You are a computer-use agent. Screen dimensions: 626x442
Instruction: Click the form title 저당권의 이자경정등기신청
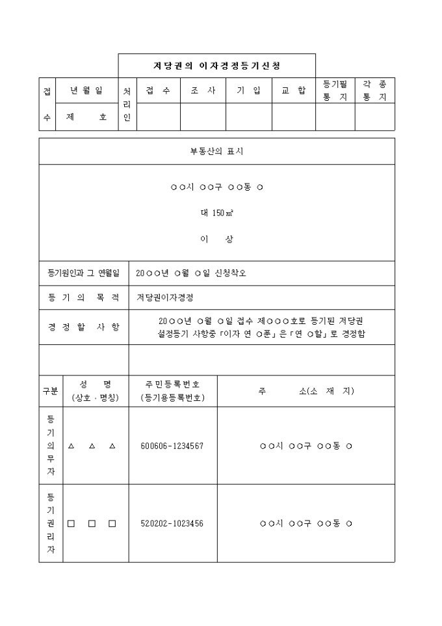pos(216,66)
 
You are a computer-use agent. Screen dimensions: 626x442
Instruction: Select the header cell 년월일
pos(86,91)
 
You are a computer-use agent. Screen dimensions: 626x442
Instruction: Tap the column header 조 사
pos(203,91)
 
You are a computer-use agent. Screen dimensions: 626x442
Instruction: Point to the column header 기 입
pos(248,91)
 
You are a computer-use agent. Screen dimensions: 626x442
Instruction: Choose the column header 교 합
pos(293,91)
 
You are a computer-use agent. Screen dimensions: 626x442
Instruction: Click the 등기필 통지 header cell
pos(335,91)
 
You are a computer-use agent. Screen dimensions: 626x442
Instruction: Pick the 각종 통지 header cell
pos(374,91)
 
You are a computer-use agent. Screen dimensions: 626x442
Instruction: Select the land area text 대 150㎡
pos(216,213)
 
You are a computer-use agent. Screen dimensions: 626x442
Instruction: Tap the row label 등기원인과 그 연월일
pos(84,273)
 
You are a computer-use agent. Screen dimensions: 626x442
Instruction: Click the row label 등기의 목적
pos(84,297)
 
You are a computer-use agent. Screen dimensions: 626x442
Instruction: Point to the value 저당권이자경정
pos(165,297)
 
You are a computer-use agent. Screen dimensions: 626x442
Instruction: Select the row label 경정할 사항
pos(84,327)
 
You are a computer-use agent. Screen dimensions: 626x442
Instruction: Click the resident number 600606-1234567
pos(172,446)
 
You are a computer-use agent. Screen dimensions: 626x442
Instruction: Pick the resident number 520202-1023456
pos(172,523)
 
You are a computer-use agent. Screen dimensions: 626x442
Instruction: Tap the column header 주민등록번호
pos(172,390)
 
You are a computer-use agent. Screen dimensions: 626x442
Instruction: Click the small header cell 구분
pos(50,391)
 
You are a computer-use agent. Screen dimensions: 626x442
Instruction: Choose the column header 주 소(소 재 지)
pos(305,391)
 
